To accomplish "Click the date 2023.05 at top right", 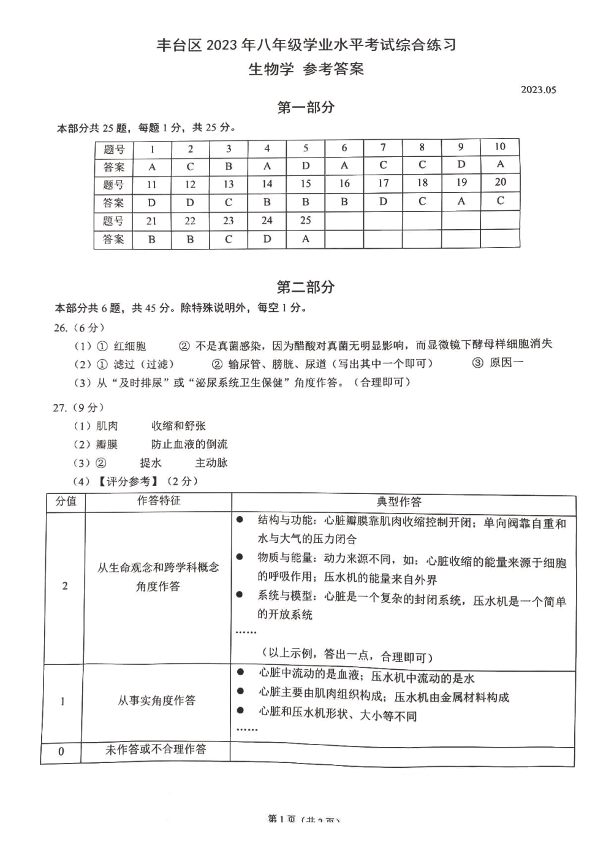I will pos(538,89).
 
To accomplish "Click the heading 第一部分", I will pos(306,108).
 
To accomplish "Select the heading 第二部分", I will pos(306,287).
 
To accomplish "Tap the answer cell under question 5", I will pos(305,166).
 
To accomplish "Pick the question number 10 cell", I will pos(500,146).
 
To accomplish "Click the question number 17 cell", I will pos(383,183).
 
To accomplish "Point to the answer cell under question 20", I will pos(500,200).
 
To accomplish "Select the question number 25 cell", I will pos(305,220).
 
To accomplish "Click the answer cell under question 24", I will pos(267,239).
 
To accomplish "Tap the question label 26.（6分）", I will pos(79,328).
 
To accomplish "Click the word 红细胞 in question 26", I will pos(130,346).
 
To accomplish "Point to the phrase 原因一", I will pos(506,363).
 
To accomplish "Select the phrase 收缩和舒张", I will pos(178,426).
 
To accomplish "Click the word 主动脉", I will pos(211,463).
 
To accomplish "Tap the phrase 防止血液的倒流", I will pos(189,444).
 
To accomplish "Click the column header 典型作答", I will pos(399,502).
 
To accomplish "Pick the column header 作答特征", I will pos(159,501).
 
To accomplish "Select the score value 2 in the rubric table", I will pos(65,586).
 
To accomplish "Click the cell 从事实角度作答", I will pos(157,700).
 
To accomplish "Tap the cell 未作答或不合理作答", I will pos(156,749).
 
